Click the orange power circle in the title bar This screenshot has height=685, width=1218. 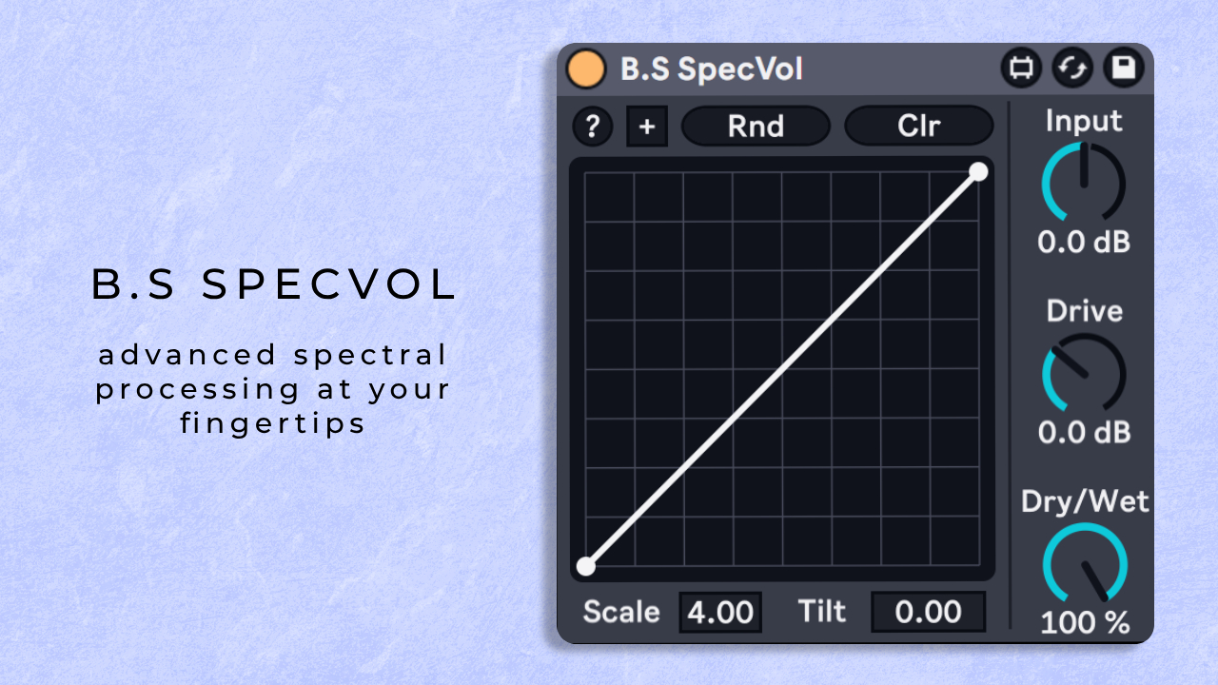(585, 69)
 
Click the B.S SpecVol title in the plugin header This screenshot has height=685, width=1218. (711, 69)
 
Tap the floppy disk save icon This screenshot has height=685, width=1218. (1124, 68)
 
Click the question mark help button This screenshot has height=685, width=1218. (593, 127)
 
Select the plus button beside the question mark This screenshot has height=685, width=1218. (647, 127)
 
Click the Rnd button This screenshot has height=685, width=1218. (756, 127)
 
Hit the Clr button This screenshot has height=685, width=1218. (919, 127)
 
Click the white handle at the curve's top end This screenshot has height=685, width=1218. (978, 172)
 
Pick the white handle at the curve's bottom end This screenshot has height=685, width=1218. (586, 566)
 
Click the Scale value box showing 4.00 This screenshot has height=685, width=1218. (720, 612)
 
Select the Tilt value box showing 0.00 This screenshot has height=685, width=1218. (928, 612)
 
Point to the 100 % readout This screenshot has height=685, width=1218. (1085, 623)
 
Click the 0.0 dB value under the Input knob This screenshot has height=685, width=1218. (1084, 242)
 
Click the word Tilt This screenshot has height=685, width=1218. (821, 611)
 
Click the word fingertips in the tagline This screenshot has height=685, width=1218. (272, 424)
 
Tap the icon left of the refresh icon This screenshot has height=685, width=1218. (1021, 68)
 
